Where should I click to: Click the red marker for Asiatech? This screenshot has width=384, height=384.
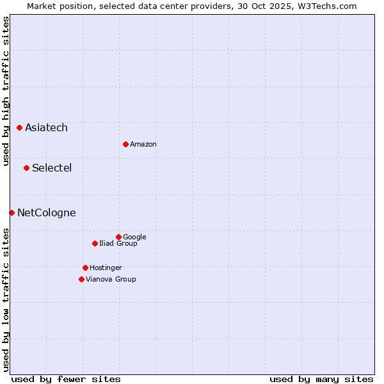tap(19, 128)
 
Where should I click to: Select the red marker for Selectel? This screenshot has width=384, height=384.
tap(26, 168)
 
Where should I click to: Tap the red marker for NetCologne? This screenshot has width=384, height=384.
tap(12, 212)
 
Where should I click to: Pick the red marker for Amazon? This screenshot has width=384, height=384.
tap(125, 144)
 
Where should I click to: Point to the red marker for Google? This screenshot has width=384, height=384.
tap(118, 237)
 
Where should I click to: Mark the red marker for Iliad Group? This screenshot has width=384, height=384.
tap(95, 243)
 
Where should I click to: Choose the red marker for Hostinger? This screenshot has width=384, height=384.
tap(85, 268)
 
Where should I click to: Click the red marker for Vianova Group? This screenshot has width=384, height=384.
tap(81, 279)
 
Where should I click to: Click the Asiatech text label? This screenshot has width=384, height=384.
tap(46, 128)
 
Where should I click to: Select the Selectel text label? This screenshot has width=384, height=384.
tap(52, 168)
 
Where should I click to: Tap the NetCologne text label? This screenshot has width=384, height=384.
tap(46, 213)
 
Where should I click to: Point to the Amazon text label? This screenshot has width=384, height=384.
tap(143, 145)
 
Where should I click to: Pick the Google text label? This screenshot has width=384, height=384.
tap(134, 237)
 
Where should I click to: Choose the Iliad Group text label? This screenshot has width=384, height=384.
tap(118, 244)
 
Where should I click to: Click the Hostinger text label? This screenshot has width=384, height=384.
tap(106, 268)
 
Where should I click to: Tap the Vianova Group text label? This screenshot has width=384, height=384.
tap(111, 280)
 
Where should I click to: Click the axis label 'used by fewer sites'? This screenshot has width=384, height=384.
tap(66, 379)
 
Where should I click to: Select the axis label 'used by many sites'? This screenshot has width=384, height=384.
tap(321, 379)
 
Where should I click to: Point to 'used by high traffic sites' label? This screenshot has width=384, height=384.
tap(6, 91)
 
